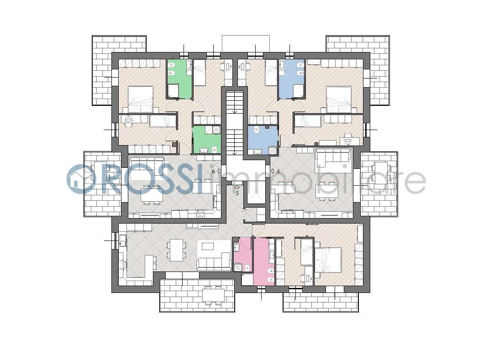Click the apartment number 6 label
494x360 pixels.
click(x=213, y=172)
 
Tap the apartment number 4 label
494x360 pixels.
click(x=278, y=172)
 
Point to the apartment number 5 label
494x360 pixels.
click(x=237, y=193)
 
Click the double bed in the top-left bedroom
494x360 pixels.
click(x=141, y=99)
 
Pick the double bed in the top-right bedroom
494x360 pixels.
click(x=339, y=99)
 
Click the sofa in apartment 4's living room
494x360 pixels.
click(x=333, y=156)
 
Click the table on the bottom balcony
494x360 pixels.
click(x=213, y=295)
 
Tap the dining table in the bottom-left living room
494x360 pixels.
click(x=176, y=250)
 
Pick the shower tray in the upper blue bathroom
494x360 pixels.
click(x=298, y=91)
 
